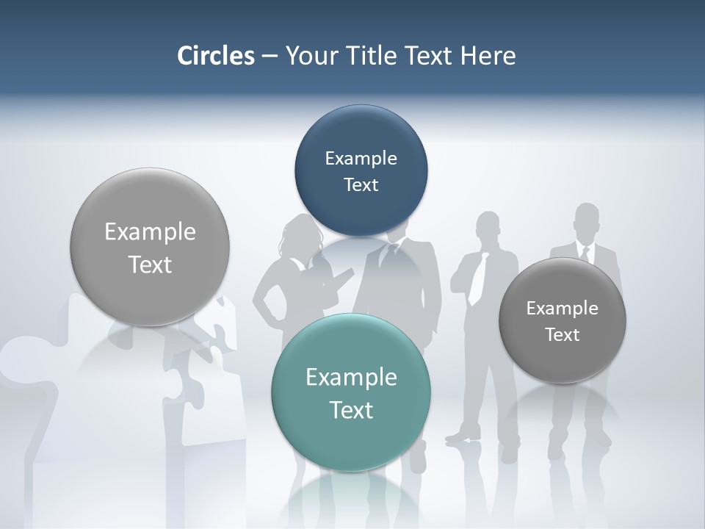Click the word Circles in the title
[216, 56]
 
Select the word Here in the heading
[488, 56]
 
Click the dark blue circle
[361, 170]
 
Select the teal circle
[351, 393]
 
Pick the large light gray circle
[150, 248]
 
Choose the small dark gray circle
[562, 321]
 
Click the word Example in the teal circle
[351, 377]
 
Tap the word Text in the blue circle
[361, 184]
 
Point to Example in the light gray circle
[150, 231]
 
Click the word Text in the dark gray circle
[562, 335]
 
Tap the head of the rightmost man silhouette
[586, 219]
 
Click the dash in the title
[270, 56]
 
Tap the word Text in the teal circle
[351, 410]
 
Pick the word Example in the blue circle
[361, 158]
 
